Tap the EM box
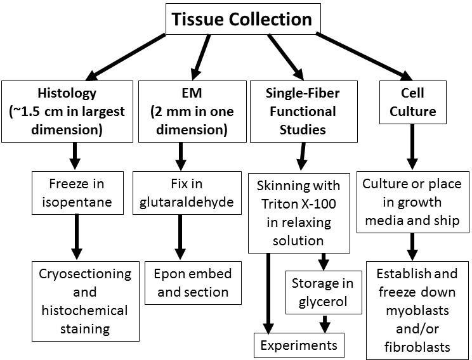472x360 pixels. (183, 112)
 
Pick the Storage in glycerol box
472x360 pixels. (324, 292)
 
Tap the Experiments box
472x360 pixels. (298, 346)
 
